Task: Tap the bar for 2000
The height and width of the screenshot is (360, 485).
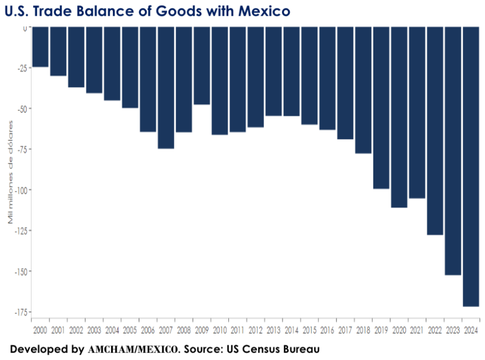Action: (x=40, y=47)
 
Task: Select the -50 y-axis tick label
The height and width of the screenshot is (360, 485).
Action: (x=22, y=109)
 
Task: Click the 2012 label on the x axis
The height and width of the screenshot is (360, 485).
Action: (x=255, y=330)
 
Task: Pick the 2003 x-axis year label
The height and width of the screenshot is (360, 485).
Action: (x=94, y=330)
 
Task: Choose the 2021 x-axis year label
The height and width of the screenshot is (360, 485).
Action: (x=417, y=330)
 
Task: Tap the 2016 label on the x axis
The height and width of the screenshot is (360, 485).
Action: (x=327, y=330)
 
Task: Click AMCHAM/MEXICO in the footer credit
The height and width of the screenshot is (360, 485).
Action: (x=133, y=349)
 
